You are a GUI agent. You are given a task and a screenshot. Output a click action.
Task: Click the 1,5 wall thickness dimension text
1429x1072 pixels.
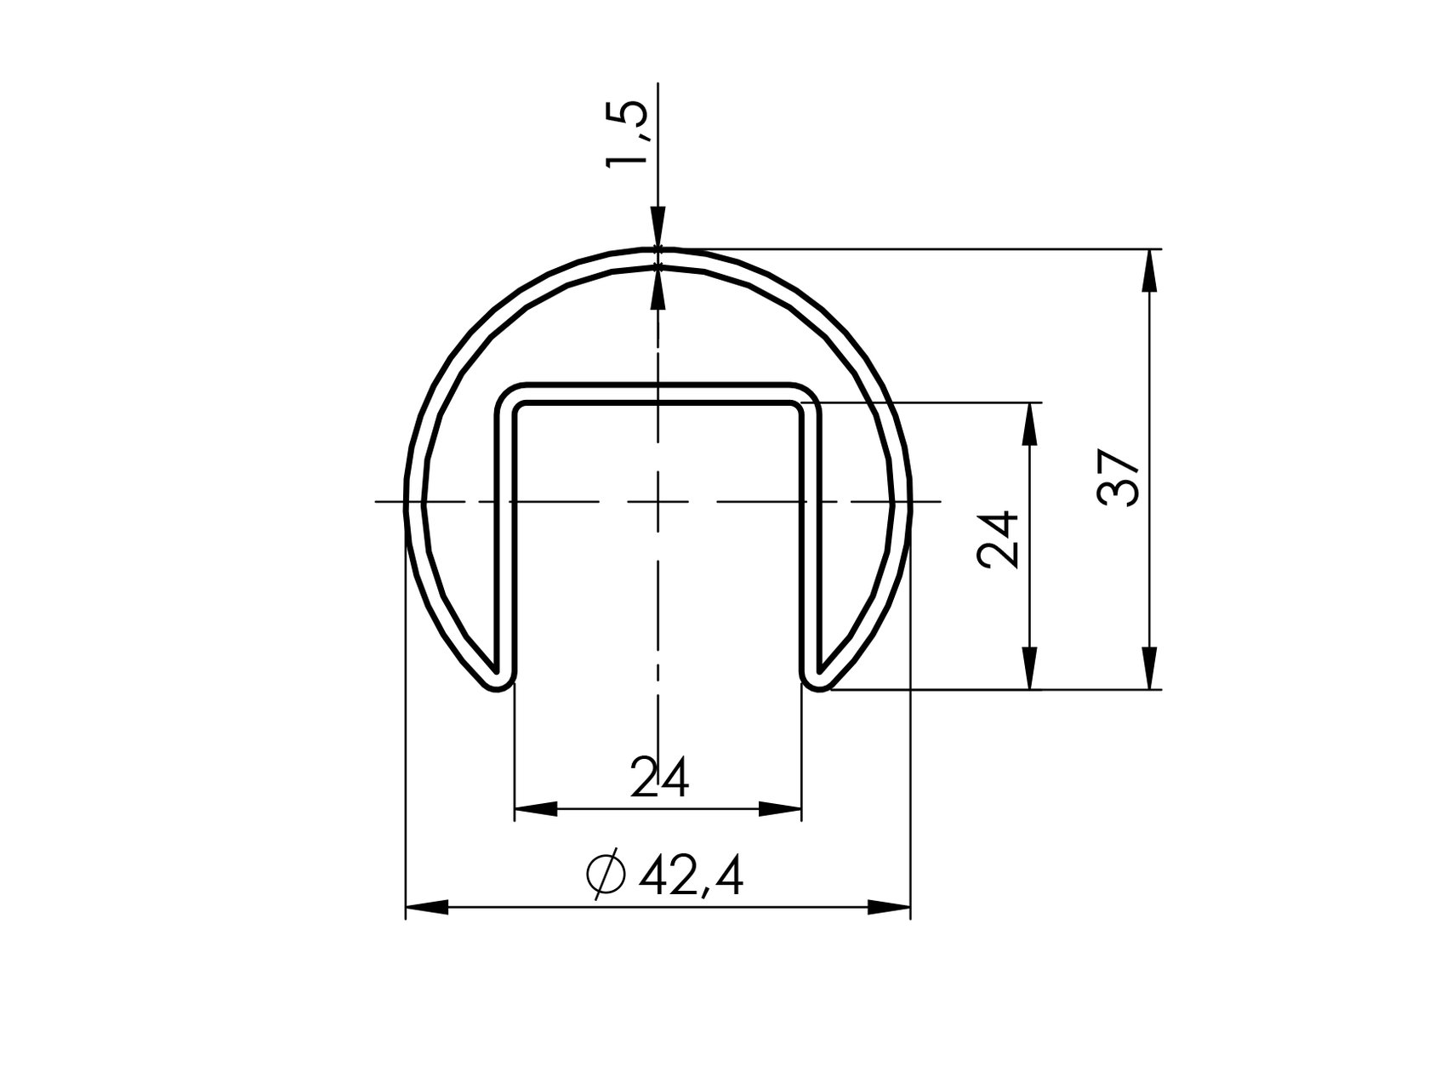click(628, 134)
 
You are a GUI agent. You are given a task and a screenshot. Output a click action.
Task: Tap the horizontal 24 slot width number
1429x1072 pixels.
click(659, 778)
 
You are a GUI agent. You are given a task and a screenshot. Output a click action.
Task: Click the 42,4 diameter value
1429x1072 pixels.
click(690, 876)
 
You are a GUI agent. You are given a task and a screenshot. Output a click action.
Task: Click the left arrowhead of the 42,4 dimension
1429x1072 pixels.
click(426, 908)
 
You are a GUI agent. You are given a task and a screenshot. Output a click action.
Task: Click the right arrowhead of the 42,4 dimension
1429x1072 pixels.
click(890, 908)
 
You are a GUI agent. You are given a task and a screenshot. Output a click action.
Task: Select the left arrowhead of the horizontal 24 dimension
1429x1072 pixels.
click(536, 809)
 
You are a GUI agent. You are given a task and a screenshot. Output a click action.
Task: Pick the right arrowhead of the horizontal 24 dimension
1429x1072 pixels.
click(780, 809)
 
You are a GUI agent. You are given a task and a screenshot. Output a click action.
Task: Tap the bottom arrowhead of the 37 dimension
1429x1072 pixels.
click(1149, 669)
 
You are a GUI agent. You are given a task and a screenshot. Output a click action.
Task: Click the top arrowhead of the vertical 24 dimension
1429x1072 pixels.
click(1030, 424)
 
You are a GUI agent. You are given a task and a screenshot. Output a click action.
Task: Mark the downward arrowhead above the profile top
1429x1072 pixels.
click(658, 228)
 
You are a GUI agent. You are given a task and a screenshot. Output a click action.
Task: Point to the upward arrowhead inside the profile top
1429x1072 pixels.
click(658, 287)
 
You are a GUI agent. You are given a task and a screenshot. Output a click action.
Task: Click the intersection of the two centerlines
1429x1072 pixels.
click(658, 502)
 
